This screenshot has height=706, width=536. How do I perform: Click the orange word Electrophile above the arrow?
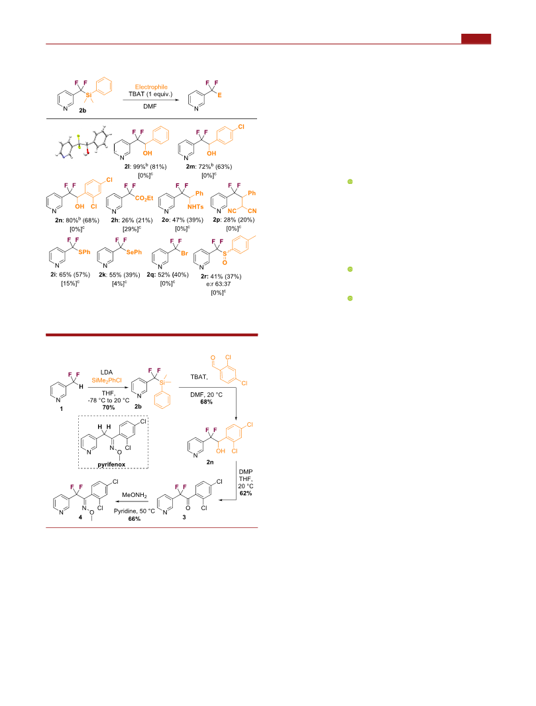pos(151,87)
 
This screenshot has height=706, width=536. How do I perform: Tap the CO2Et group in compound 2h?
pos(144,198)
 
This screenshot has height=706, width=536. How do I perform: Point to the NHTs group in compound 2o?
pos(195,206)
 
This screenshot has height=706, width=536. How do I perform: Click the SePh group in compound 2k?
pos(134,252)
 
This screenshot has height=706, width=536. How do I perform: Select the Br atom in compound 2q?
pos(184,253)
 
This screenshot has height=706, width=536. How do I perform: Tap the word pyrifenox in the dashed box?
pos(111,464)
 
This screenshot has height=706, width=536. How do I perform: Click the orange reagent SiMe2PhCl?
pos(107,380)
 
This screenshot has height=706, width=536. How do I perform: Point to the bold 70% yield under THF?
pos(109,408)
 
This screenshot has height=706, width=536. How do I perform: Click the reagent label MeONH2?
pos(134,496)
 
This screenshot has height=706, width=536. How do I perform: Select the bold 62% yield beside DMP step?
pos(246,493)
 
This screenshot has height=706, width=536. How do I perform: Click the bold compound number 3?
pos(184,517)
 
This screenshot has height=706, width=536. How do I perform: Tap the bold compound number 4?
pos(80,517)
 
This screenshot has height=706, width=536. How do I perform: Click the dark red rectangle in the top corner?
pos(476,39)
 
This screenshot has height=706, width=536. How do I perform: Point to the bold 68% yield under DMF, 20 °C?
pos(207,402)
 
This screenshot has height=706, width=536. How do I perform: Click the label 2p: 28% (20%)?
pos(233,220)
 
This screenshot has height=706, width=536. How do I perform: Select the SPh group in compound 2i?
pos(84,252)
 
